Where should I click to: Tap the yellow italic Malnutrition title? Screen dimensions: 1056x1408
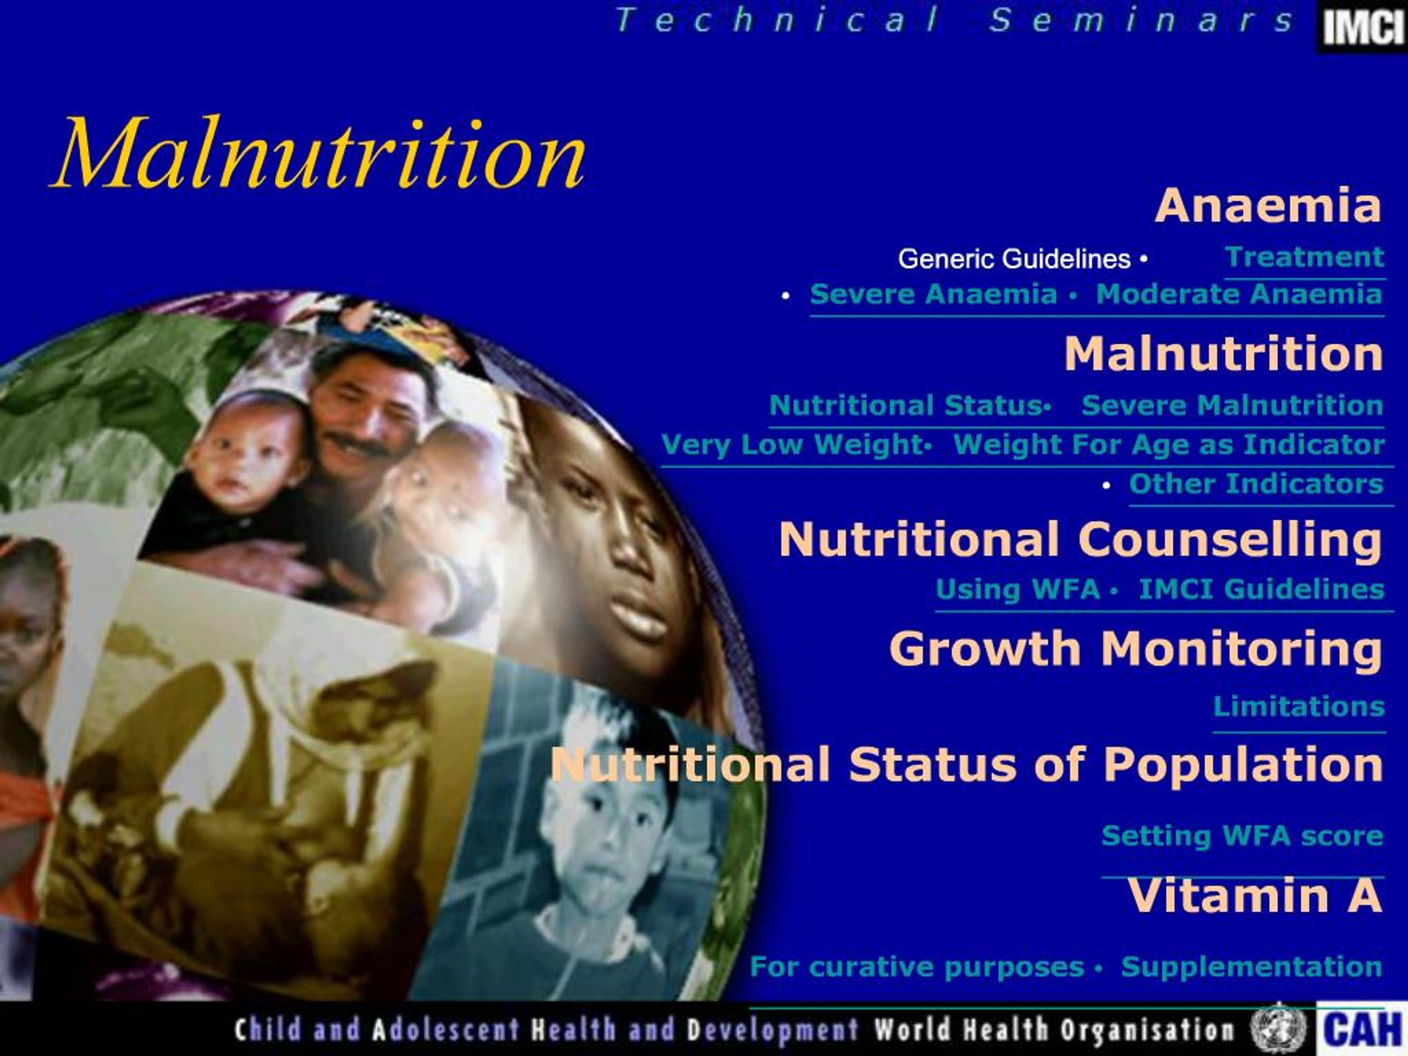click(318, 154)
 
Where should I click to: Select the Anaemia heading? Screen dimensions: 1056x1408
click(1268, 206)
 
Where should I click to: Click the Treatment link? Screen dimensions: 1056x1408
click(1304, 258)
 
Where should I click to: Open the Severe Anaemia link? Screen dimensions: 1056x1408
click(933, 295)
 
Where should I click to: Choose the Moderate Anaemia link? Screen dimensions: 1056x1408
click(1239, 295)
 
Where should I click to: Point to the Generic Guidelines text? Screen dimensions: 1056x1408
click(1014, 259)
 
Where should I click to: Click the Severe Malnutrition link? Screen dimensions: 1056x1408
click(1233, 405)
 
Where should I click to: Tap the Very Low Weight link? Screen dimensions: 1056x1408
click(792, 444)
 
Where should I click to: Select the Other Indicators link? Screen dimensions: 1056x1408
click(1256, 484)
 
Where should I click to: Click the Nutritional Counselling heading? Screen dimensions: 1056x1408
click(1081, 540)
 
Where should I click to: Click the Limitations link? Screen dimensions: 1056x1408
click(1299, 707)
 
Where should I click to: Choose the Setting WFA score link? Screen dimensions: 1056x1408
click(1242, 836)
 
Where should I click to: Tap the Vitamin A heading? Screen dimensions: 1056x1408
click(1255, 895)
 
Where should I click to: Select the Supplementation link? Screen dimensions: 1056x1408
click(1251, 967)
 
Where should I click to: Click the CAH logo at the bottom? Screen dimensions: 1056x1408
click(1362, 1029)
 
